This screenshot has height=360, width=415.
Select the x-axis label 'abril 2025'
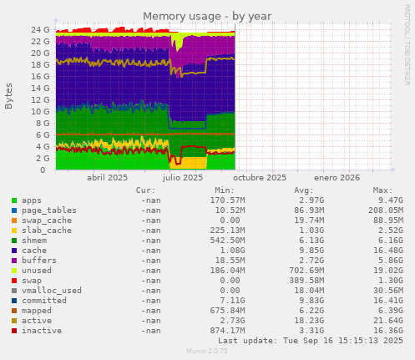(108, 177)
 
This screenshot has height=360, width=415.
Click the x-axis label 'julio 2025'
(183, 177)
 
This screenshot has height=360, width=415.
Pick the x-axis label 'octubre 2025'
(260, 177)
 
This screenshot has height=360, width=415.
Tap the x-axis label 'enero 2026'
(337, 177)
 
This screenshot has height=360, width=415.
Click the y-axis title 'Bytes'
(9, 96)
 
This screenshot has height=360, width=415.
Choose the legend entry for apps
(32, 200)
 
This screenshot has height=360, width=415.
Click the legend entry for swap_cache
(47, 221)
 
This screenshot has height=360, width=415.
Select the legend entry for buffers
(39, 261)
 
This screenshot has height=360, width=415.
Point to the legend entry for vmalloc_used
(52, 291)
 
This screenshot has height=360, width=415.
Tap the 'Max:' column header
(383, 190)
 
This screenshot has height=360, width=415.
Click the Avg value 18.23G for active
(309, 321)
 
